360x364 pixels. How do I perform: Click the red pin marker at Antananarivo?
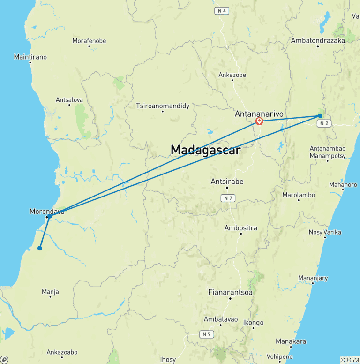click(259, 121)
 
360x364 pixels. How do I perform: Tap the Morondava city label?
click(46, 211)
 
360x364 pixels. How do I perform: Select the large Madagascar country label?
click(205, 150)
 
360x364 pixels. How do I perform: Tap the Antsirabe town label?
click(227, 182)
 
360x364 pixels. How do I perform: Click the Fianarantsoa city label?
click(230, 292)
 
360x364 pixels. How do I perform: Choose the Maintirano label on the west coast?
click(30, 57)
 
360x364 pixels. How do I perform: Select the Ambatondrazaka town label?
click(318, 40)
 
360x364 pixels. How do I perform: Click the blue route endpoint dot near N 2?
click(320, 115)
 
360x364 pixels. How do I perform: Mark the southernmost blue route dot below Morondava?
click(40, 248)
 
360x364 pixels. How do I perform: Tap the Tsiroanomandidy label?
click(163, 106)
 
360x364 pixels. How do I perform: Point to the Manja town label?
click(50, 292)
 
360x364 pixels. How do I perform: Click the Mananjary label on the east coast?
click(313, 278)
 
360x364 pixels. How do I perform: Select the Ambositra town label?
click(241, 228)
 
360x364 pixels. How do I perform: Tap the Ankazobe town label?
click(232, 74)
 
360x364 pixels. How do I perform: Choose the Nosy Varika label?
click(325, 232)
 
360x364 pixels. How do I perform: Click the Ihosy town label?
click(168, 360)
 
